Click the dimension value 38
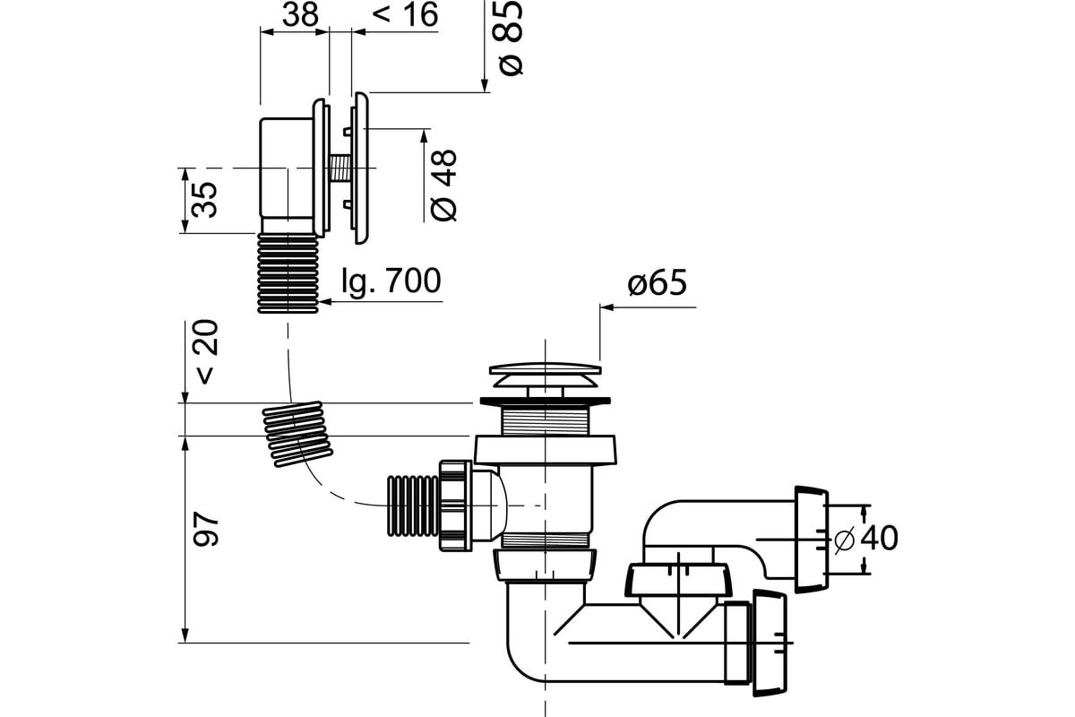coord(300,14)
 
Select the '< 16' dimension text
coord(405,14)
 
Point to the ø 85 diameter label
coord(510,38)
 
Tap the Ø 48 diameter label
coord(443,186)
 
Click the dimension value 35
coord(205,200)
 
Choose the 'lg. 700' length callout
coord(391,281)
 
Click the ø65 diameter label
coord(657,283)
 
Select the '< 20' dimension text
coord(206,351)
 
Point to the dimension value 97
coord(206,529)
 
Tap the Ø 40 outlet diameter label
coord(865,539)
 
